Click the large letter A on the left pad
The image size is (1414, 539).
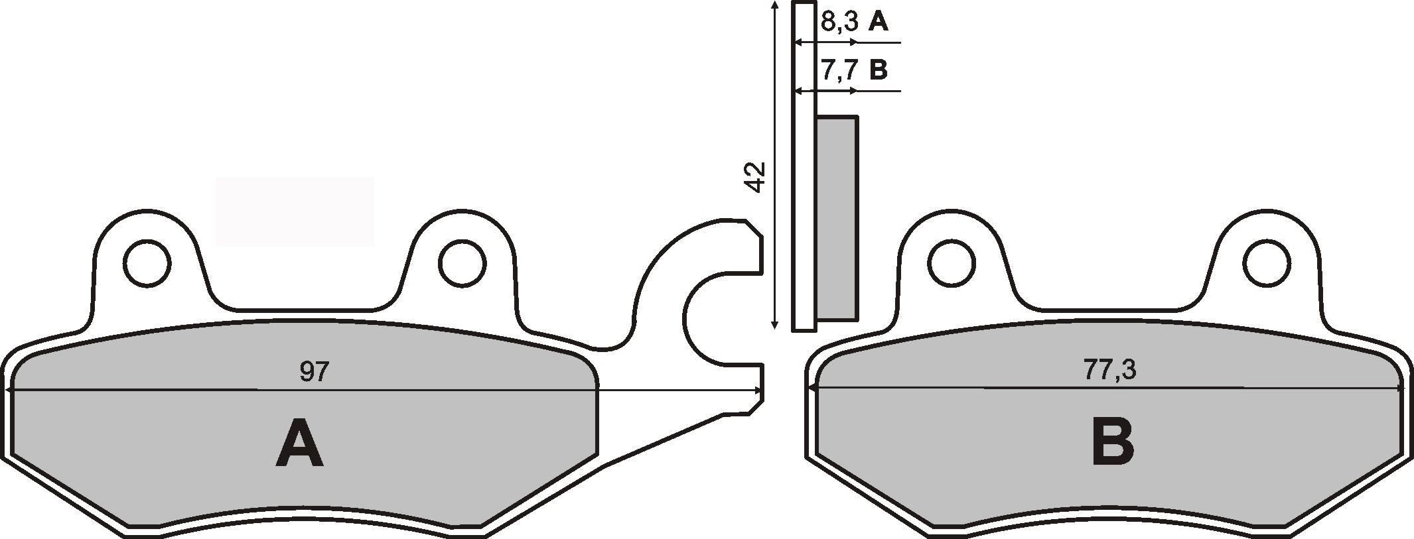click(x=300, y=443)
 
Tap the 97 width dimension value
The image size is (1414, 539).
click(x=314, y=371)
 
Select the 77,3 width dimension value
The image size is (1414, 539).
click(x=1109, y=370)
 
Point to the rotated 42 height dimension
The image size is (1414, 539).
click(x=756, y=177)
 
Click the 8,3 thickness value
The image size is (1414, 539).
click(x=839, y=22)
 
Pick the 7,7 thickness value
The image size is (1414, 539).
click(x=839, y=69)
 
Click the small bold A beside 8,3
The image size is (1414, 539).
click(x=878, y=22)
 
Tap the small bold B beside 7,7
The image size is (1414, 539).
click(x=878, y=69)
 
